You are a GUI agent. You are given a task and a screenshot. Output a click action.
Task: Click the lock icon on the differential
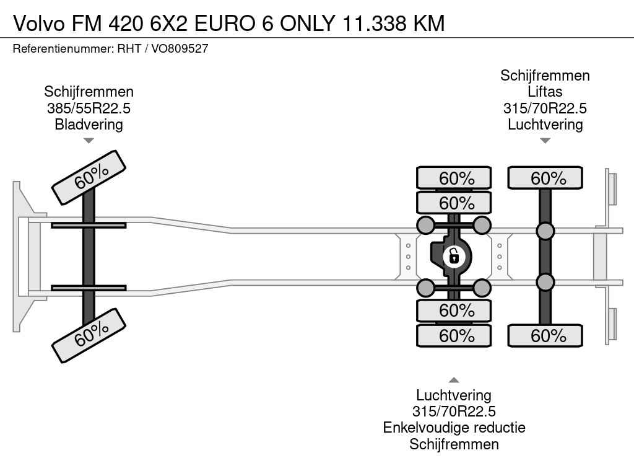[x=454, y=255]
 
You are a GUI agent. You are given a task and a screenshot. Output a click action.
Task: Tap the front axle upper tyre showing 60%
[x=89, y=177]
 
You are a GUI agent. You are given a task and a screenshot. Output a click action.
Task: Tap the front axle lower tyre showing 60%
[x=89, y=335]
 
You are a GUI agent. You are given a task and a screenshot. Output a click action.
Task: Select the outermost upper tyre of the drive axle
[x=454, y=178]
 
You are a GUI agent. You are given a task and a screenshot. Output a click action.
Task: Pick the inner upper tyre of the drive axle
[x=454, y=203]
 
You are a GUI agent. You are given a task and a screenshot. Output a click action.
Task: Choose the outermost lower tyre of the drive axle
[x=454, y=335]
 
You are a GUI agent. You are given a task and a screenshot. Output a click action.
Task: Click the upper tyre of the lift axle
[x=545, y=178]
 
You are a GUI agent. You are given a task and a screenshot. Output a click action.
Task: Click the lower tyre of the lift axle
[x=545, y=335]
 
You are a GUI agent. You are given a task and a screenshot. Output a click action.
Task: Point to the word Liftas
[x=545, y=92]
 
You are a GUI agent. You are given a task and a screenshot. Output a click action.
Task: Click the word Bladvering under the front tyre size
[x=89, y=124]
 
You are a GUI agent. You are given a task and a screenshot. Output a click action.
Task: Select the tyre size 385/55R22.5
[x=89, y=108]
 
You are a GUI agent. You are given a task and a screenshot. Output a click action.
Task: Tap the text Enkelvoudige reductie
[x=454, y=428]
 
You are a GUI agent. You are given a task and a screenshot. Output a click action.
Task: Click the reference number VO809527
[x=180, y=48]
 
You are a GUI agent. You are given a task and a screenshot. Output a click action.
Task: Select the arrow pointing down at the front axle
[x=89, y=141]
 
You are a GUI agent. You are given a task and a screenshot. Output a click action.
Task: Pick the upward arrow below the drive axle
[x=454, y=380]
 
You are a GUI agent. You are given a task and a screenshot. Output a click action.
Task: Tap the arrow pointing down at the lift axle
[x=545, y=141]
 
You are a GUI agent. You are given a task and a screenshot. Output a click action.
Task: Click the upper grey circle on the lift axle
[x=545, y=231]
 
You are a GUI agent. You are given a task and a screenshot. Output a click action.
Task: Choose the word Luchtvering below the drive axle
[x=454, y=395]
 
